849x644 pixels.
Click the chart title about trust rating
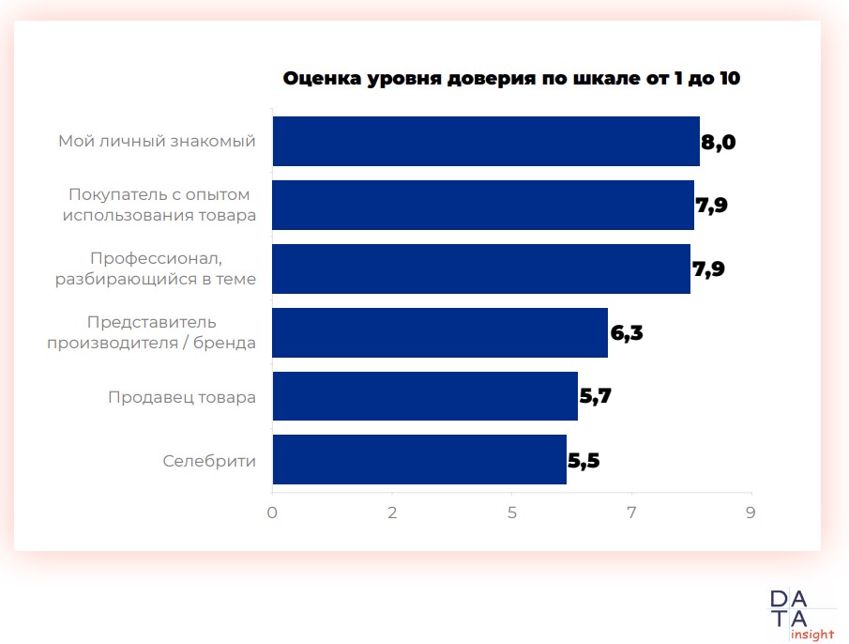[511, 79]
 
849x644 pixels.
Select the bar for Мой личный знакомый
[486, 142]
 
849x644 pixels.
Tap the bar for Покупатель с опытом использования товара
[483, 206]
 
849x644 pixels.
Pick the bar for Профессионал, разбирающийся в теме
[481, 269]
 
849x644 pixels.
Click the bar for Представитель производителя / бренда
[440, 333]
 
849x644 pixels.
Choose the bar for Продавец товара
[425, 396]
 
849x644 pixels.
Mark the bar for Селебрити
[419, 460]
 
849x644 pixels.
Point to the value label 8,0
[719, 143]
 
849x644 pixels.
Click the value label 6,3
[626, 333]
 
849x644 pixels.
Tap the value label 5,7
[596, 397]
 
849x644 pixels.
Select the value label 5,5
[584, 461]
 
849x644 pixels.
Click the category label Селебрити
[209, 461]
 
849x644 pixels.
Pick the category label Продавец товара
[182, 397]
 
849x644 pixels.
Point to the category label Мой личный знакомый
[157, 142]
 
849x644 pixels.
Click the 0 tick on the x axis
[272, 513]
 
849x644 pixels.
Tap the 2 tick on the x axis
[392, 513]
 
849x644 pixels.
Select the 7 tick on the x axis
[631, 513]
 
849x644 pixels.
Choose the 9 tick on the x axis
[750, 513]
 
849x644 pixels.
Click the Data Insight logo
[800, 613]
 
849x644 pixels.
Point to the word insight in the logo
[812, 635]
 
